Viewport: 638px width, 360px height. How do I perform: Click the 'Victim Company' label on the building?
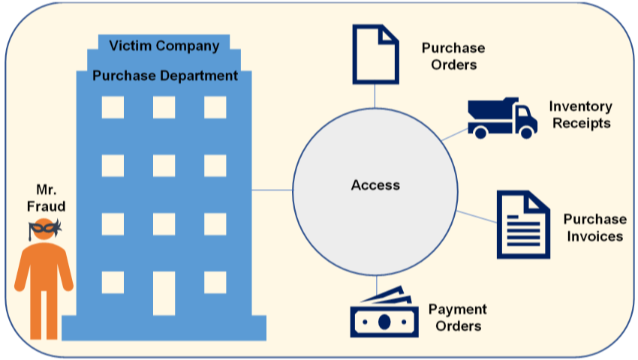click(164, 46)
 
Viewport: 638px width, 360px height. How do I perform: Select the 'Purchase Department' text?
click(165, 76)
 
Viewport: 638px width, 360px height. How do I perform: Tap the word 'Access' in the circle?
click(375, 185)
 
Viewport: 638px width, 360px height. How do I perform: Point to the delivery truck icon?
click(501, 118)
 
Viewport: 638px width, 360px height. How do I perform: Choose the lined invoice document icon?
click(523, 224)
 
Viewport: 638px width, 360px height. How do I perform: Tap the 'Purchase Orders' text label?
click(453, 56)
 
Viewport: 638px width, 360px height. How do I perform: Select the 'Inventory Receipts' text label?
click(581, 115)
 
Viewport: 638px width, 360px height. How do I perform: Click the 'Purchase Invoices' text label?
click(594, 227)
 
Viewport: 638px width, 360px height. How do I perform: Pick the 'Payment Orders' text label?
click(457, 317)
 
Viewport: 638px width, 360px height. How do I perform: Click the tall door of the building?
click(164, 292)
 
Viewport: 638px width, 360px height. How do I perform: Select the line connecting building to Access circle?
click(272, 190)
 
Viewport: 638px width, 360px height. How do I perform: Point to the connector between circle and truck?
click(453, 135)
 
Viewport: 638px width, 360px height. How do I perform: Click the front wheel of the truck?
click(526, 132)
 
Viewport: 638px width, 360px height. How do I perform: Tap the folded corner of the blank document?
click(390, 34)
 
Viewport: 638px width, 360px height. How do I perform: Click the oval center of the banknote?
click(384, 322)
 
